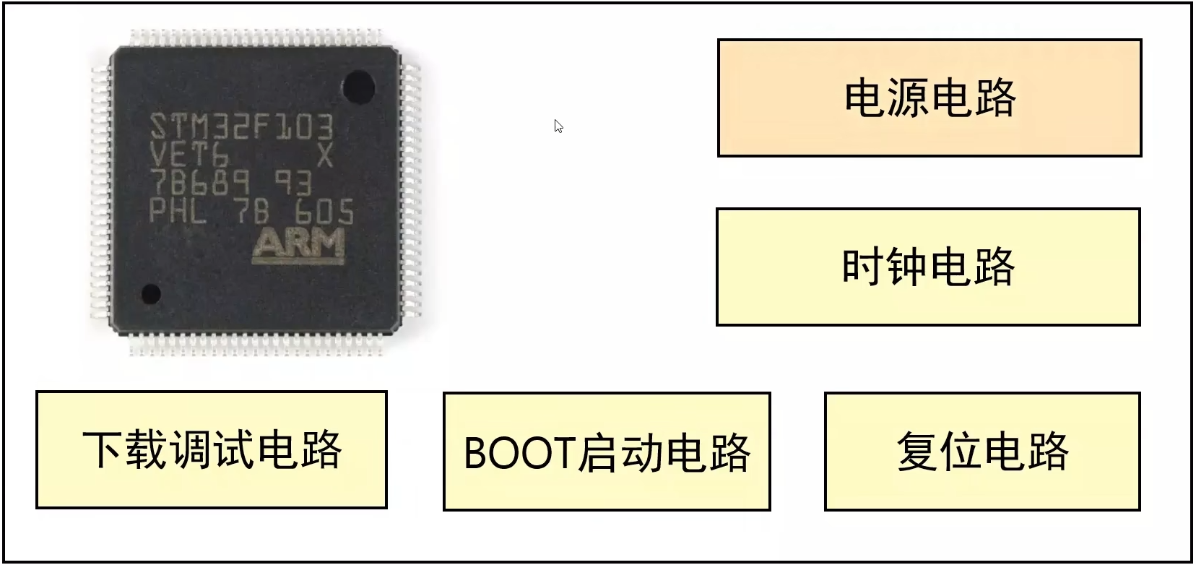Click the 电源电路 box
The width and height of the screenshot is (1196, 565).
coord(929,98)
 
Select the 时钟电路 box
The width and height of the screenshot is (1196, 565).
coord(928,267)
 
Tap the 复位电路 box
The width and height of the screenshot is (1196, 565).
coord(982,452)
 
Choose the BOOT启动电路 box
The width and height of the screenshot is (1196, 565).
coord(607,452)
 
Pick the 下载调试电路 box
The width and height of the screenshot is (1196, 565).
coord(212,450)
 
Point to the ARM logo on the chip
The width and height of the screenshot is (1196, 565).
coord(298,246)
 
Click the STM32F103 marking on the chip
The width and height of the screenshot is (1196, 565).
coord(242,128)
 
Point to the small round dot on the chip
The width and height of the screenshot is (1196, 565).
coord(151,293)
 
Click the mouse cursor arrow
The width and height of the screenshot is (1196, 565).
coord(558,126)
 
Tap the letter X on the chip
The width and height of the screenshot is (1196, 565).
coord(325,156)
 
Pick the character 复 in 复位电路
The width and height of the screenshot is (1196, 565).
coord(918,452)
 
